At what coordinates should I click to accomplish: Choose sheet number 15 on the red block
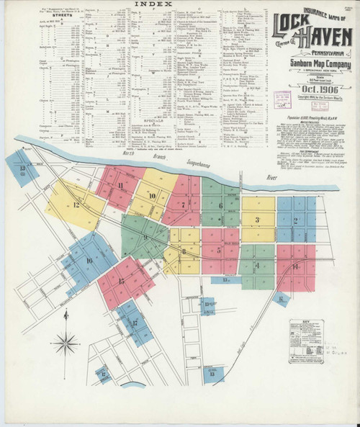point(121,282)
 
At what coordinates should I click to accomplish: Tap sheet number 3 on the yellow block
point(256,220)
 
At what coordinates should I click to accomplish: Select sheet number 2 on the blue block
point(297,220)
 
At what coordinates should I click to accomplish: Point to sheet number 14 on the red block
point(295,267)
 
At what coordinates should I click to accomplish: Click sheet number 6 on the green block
point(220,206)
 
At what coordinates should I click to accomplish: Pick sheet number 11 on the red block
point(120,185)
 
